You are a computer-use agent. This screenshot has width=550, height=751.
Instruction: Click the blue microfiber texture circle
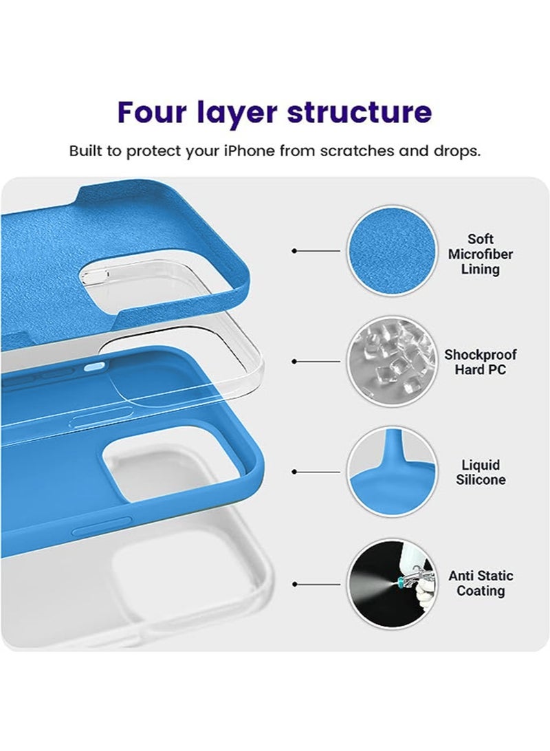tap(392, 250)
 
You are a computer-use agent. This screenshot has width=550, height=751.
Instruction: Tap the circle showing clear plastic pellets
tap(392, 361)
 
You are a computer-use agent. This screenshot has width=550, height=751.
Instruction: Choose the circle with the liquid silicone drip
tap(392, 472)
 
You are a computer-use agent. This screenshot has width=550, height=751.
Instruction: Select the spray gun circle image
tap(392, 583)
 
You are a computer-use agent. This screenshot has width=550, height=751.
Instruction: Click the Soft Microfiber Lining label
tap(480, 254)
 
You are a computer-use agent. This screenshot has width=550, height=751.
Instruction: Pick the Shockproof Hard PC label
tap(480, 362)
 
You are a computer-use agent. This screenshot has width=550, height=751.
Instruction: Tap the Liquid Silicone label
tap(480, 472)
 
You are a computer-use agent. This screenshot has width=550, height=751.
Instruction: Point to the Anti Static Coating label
tap(480, 583)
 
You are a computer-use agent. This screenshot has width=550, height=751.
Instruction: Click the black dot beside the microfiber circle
tap(295, 251)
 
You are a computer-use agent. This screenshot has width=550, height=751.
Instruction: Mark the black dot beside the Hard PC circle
tap(295, 361)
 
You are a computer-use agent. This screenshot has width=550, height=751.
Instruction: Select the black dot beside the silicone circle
tap(295, 472)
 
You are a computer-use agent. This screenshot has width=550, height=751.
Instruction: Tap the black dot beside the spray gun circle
tap(295, 584)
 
